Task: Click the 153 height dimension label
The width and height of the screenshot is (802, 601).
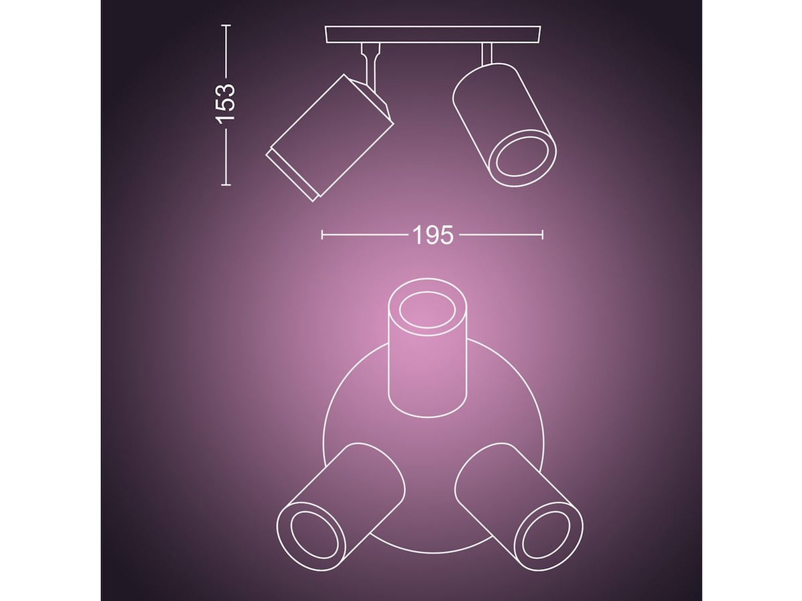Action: click(x=226, y=102)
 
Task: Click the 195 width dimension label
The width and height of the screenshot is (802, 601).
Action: click(x=432, y=235)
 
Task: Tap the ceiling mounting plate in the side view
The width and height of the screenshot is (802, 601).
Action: click(x=433, y=34)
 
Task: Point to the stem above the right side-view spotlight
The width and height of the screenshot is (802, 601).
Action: click(x=487, y=54)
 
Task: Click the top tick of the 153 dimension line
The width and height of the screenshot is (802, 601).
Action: click(x=226, y=25)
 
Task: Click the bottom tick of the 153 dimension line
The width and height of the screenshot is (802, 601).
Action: click(x=226, y=184)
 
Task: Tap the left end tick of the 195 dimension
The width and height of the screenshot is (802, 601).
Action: click(x=322, y=234)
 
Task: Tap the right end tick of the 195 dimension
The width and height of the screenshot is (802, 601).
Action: click(x=542, y=234)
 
